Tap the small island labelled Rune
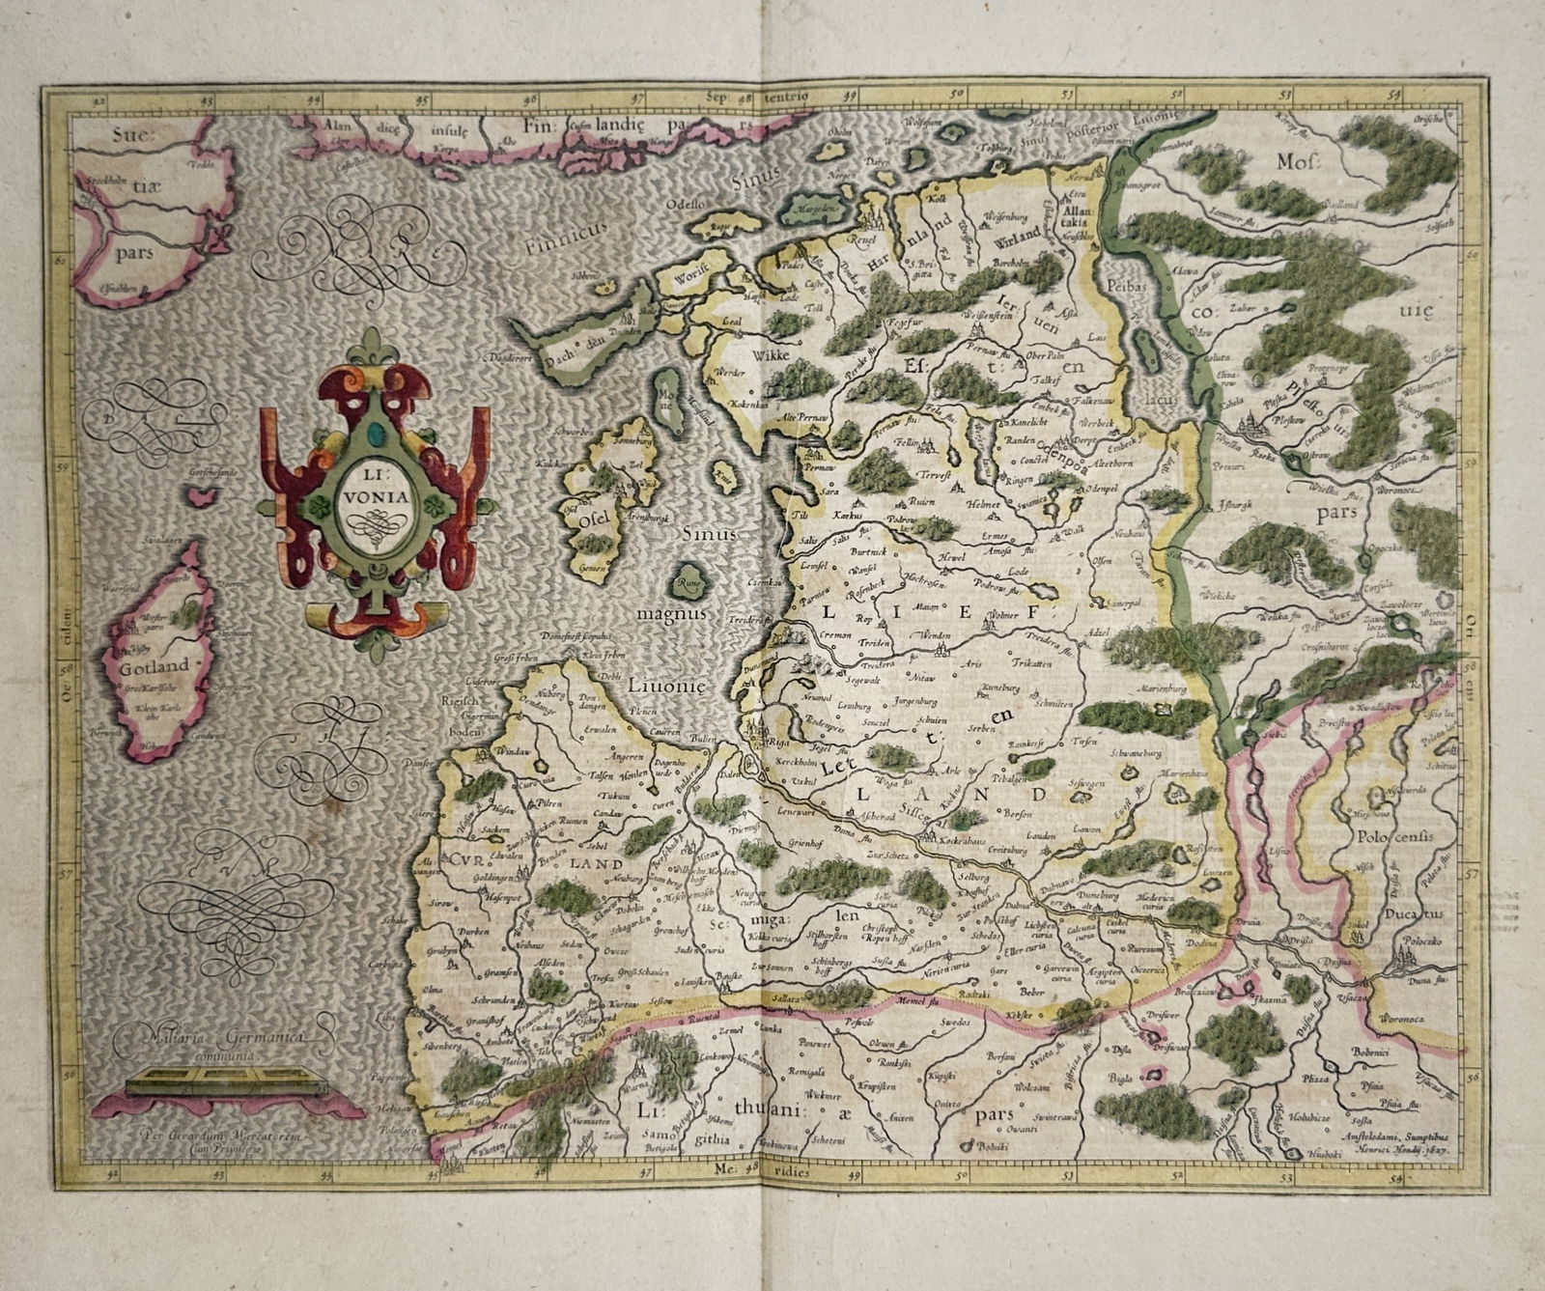pos(688,584)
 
